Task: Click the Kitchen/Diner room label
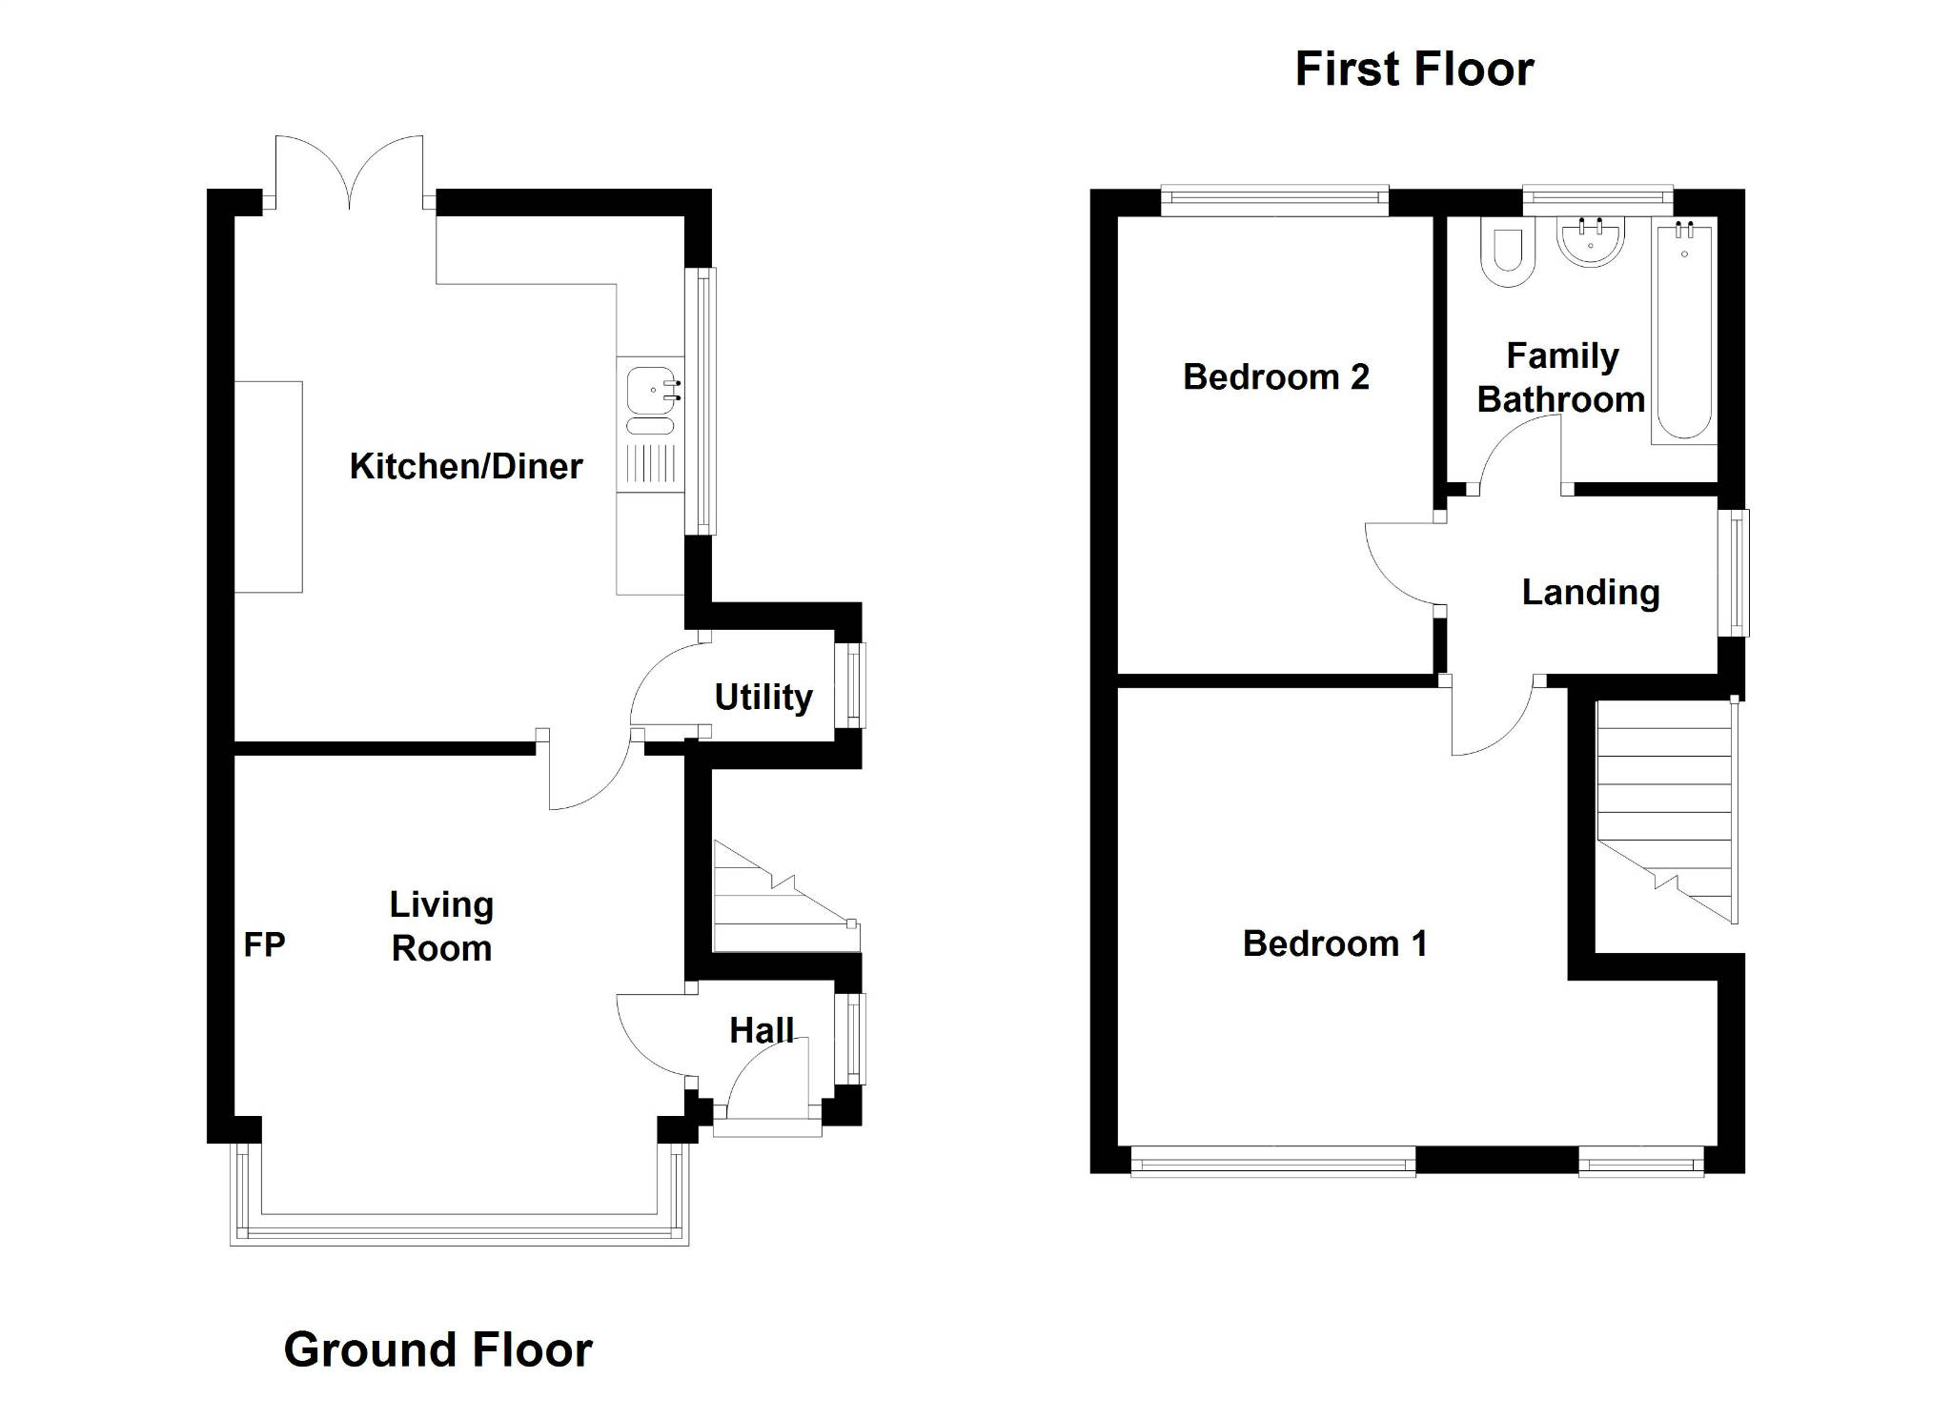coord(466,466)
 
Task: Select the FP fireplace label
coord(264,944)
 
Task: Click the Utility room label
coord(763,697)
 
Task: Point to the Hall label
coord(762,1030)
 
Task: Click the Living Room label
coord(441,925)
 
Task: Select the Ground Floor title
coord(438,1349)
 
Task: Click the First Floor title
coord(1414,69)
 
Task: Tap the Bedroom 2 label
coord(1276,377)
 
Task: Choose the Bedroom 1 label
coord(1335,943)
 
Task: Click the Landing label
coord(1591,592)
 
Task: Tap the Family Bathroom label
coord(1561,377)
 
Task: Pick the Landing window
coord(1738,573)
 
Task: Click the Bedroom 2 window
coord(1274,198)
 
